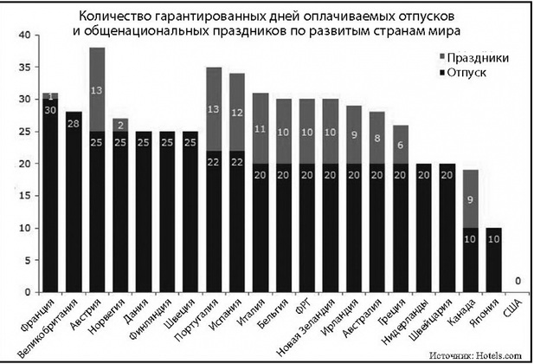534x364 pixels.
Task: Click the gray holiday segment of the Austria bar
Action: click(x=98, y=89)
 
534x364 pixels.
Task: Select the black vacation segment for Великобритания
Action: click(x=74, y=199)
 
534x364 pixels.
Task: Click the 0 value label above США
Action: click(x=518, y=281)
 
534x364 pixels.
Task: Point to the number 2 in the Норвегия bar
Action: click(x=121, y=122)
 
